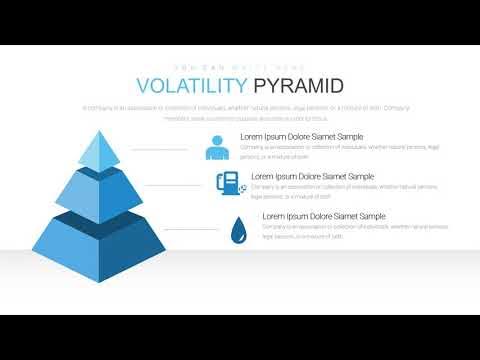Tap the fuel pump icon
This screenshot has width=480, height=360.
click(x=227, y=183)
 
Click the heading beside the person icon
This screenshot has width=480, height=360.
click(x=301, y=136)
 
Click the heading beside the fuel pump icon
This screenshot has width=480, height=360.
click(x=312, y=176)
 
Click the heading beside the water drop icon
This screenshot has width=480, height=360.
click(x=323, y=216)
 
